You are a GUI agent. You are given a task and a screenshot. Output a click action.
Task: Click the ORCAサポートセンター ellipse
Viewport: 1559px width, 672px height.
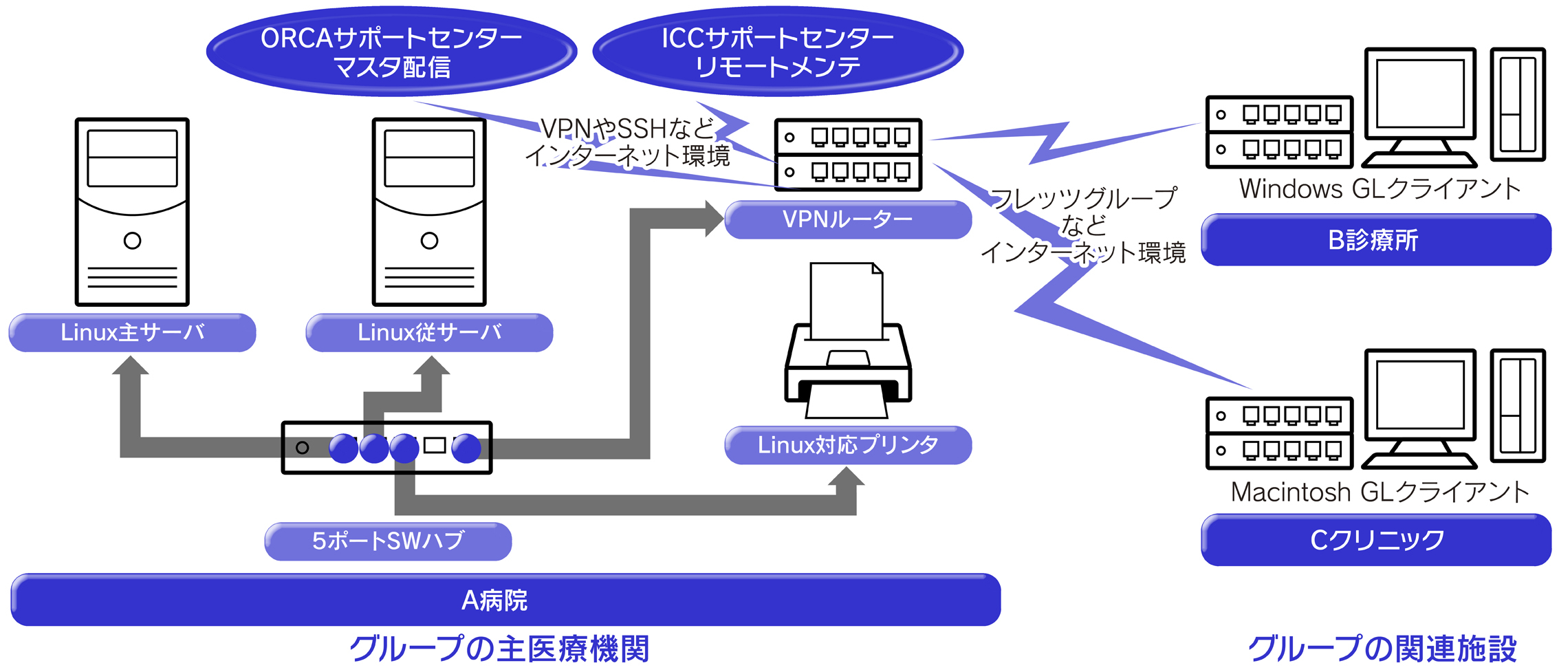coord(391,52)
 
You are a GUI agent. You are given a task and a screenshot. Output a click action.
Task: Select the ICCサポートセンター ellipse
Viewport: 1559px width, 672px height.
coord(778,52)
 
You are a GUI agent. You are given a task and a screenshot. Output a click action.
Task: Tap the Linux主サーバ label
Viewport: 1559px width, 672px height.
coord(132,333)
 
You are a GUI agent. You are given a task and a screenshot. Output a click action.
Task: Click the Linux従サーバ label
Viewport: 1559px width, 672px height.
coord(429,333)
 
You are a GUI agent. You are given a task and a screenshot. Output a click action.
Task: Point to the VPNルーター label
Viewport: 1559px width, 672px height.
coord(848,220)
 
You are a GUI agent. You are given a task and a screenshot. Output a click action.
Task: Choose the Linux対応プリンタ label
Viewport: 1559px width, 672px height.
coord(848,445)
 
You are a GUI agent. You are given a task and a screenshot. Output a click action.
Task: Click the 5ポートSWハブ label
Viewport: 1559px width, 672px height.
coord(388,541)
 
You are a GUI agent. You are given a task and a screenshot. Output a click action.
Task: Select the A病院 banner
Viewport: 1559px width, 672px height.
coord(505,600)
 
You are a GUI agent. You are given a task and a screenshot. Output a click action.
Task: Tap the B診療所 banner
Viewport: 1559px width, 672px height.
coord(1375,240)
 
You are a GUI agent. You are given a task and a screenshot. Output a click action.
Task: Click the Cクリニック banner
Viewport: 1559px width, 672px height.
coord(1375,540)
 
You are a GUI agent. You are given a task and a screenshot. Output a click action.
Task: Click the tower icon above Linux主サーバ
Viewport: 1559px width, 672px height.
coord(132,212)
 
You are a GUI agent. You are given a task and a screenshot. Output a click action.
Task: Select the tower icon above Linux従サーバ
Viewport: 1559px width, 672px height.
coord(429,212)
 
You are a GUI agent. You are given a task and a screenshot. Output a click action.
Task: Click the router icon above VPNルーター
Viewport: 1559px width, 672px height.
coord(848,155)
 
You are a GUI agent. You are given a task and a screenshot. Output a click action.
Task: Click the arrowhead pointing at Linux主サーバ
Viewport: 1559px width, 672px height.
coord(131,366)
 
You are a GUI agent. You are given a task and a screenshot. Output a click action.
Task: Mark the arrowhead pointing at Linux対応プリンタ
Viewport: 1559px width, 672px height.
coord(846,478)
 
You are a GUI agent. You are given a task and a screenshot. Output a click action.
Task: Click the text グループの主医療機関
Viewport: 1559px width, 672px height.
coord(499,649)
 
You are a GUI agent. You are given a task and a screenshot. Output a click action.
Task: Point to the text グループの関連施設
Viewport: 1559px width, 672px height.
coord(1382,649)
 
